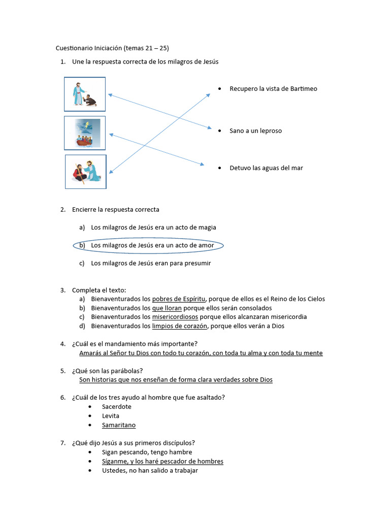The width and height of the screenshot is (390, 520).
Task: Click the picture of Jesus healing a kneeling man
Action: pyautogui.click(x=84, y=94)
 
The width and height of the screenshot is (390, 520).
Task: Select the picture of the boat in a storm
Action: pyautogui.click(x=85, y=133)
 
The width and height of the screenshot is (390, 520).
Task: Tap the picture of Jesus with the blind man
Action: pyautogui.click(x=86, y=172)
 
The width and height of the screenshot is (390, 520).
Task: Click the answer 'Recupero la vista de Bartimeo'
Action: pyautogui.click(x=273, y=89)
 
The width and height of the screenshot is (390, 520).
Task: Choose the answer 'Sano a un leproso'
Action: pyautogui.click(x=255, y=131)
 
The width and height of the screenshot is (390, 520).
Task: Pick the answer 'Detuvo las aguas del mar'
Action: pyautogui.click(x=266, y=168)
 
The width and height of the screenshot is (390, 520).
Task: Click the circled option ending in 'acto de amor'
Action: pyautogui.click(x=152, y=246)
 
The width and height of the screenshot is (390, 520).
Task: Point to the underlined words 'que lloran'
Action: pyautogui.click(x=167, y=308)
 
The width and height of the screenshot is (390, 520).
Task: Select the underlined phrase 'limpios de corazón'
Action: pyautogui.click(x=180, y=326)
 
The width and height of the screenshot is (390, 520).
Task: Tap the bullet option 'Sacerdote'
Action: pyautogui.click(x=116, y=407)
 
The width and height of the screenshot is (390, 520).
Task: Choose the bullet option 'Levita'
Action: pyautogui.click(x=111, y=416)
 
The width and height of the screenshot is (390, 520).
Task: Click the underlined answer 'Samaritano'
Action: pyautogui.click(x=119, y=425)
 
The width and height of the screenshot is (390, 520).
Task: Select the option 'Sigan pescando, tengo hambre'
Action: pyautogui.click(x=147, y=452)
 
